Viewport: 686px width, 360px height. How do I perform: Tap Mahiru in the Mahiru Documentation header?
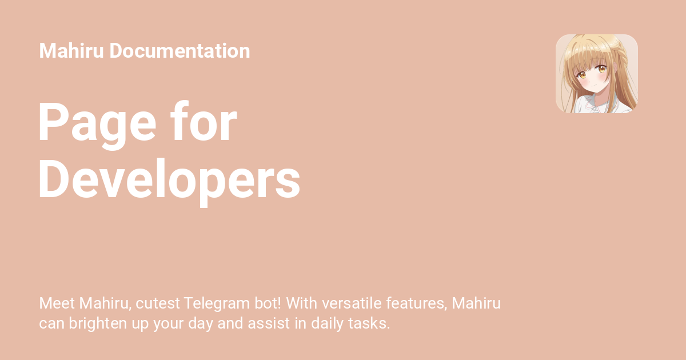pyautogui.click(x=71, y=51)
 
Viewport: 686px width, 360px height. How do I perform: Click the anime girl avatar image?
pyautogui.click(x=596, y=74)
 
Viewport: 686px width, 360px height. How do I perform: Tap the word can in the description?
pyautogui.click(x=51, y=323)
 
